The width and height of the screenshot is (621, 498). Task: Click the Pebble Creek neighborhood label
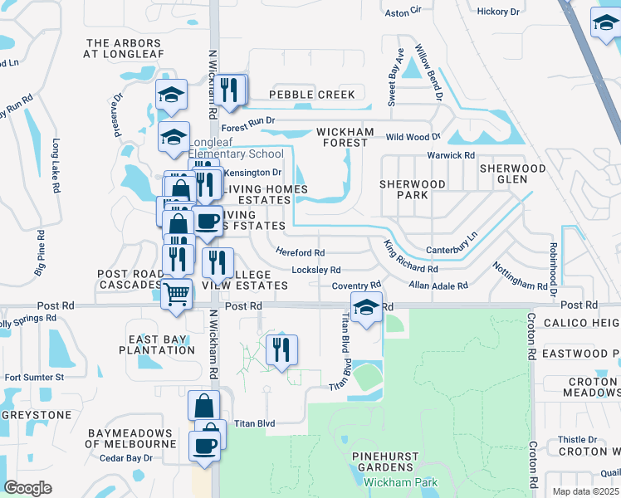click(x=311, y=95)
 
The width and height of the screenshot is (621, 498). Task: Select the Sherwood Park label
click(x=413, y=189)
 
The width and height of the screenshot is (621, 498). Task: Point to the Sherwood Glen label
click(x=513, y=173)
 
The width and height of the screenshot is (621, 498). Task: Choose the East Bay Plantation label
click(x=161, y=344)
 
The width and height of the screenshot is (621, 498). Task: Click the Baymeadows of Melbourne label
click(x=131, y=438)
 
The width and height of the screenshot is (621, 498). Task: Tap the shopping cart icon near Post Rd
click(x=176, y=293)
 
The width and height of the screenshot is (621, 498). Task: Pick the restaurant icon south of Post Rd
click(x=281, y=349)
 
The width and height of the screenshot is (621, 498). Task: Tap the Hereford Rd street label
click(x=300, y=252)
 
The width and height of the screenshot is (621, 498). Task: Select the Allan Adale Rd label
click(x=438, y=286)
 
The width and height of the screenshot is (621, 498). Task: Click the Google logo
click(x=27, y=487)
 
